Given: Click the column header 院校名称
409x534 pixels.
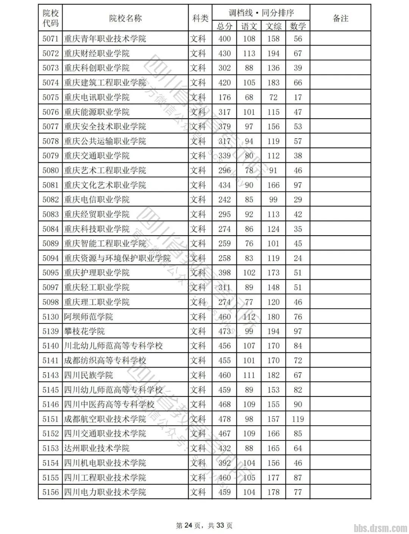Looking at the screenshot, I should (x=125, y=18).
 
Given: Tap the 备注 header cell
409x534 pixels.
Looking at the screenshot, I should (x=340, y=18).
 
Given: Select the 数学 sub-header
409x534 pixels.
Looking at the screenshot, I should (x=298, y=26).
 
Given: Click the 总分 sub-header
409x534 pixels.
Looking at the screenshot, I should (x=224, y=26).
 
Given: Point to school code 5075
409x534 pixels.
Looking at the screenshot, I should (x=50, y=97).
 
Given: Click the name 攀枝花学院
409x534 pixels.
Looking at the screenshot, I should (x=84, y=331).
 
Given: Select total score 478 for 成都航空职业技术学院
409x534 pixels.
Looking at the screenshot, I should (x=224, y=419).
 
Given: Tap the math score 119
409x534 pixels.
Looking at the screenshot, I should (x=298, y=419).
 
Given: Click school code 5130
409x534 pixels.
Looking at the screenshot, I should (x=50, y=317).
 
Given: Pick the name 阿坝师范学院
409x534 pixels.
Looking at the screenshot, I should (x=88, y=317).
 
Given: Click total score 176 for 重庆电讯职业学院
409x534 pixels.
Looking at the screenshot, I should (x=224, y=97).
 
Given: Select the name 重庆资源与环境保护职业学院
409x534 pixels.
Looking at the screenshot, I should (x=117, y=258).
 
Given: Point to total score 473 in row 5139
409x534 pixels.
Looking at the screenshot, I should (x=224, y=331).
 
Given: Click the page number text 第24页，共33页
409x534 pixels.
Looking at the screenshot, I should (x=204, y=525).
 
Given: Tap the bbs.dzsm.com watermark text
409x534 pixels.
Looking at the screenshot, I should (x=380, y=528).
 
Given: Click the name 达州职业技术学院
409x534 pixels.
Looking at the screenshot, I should (x=97, y=448).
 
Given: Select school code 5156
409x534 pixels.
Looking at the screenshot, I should (x=50, y=492).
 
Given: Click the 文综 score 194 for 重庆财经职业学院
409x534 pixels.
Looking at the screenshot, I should (x=273, y=53).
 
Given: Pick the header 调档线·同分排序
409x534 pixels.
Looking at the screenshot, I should (x=261, y=12).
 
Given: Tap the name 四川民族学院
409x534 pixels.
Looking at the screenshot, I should (x=88, y=375).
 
